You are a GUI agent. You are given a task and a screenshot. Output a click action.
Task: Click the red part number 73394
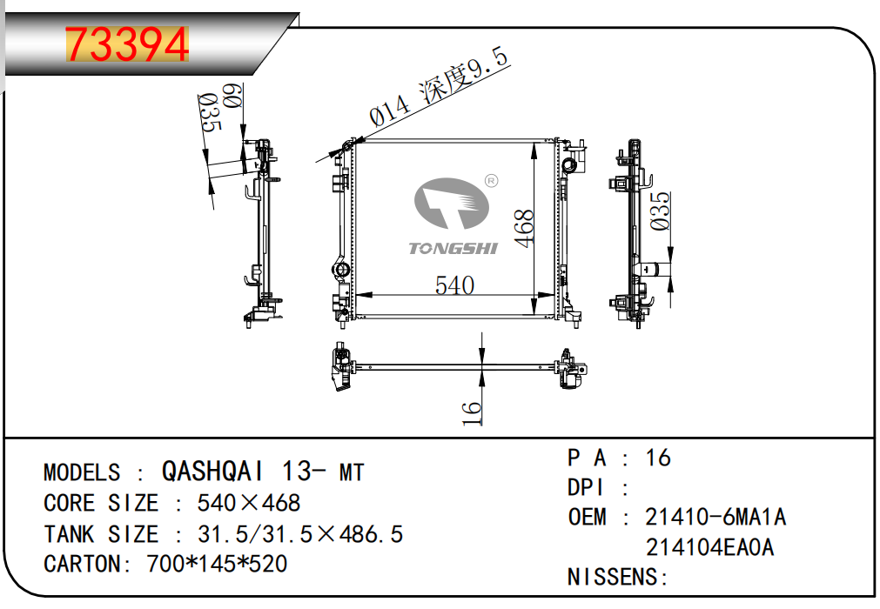tap(127, 44)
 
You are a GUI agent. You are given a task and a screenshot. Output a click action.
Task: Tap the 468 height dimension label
tap(524, 228)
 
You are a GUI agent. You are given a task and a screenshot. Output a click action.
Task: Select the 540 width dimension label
tap(454, 285)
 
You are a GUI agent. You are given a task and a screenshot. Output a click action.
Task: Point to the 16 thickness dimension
tap(472, 412)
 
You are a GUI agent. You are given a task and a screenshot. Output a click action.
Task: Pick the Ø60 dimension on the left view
tap(232, 96)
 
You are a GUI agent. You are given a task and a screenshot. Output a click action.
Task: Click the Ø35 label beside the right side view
tap(660, 211)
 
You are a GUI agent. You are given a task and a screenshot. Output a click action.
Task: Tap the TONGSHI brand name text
tap(453, 249)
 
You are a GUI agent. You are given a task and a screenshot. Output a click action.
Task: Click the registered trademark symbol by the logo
tap(491, 181)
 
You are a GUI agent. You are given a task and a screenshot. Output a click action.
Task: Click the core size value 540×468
tap(249, 503)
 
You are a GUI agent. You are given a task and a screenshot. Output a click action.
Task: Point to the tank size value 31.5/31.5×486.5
tap(300, 534)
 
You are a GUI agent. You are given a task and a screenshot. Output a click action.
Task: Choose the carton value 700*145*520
tap(217, 564)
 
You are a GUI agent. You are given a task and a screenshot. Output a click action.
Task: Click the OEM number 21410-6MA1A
tap(715, 517)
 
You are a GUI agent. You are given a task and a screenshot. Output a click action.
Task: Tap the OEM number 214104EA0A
tap(710, 547)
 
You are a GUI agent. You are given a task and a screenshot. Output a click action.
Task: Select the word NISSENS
tap(613, 577)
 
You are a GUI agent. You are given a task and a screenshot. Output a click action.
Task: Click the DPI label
tap(586, 487)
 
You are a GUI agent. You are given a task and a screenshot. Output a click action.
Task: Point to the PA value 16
tap(658, 458)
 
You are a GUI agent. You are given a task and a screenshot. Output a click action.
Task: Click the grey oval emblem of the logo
tap(451, 203)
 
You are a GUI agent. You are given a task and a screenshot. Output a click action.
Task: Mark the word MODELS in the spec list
tap(82, 472)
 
